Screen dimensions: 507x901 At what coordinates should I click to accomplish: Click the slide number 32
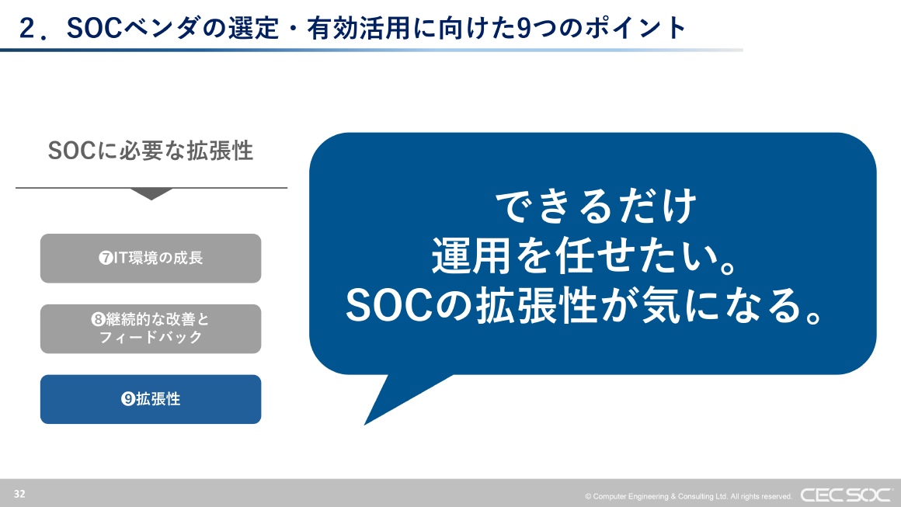click(19, 494)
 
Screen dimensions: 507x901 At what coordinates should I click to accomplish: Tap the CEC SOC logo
click(846, 495)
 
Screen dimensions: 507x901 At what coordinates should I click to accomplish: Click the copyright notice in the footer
click(688, 496)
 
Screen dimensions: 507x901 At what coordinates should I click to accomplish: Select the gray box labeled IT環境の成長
click(151, 259)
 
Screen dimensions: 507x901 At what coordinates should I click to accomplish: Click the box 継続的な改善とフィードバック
click(151, 328)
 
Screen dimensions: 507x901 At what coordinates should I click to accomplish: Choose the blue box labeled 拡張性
click(151, 399)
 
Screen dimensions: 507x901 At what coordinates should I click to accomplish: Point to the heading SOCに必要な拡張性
click(151, 151)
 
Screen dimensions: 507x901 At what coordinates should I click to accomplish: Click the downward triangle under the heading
click(151, 194)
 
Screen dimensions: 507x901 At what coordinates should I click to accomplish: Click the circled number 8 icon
click(98, 320)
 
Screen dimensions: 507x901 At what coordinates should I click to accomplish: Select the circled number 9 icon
click(128, 399)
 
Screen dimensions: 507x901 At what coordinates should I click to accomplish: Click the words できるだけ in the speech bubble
click(595, 207)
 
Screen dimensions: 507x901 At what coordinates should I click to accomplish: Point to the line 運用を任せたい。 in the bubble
click(584, 255)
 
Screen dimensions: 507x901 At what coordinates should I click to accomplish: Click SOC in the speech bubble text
click(387, 306)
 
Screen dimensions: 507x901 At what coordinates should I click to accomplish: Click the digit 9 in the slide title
click(525, 28)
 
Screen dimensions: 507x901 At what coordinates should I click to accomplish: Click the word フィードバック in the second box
click(151, 338)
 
